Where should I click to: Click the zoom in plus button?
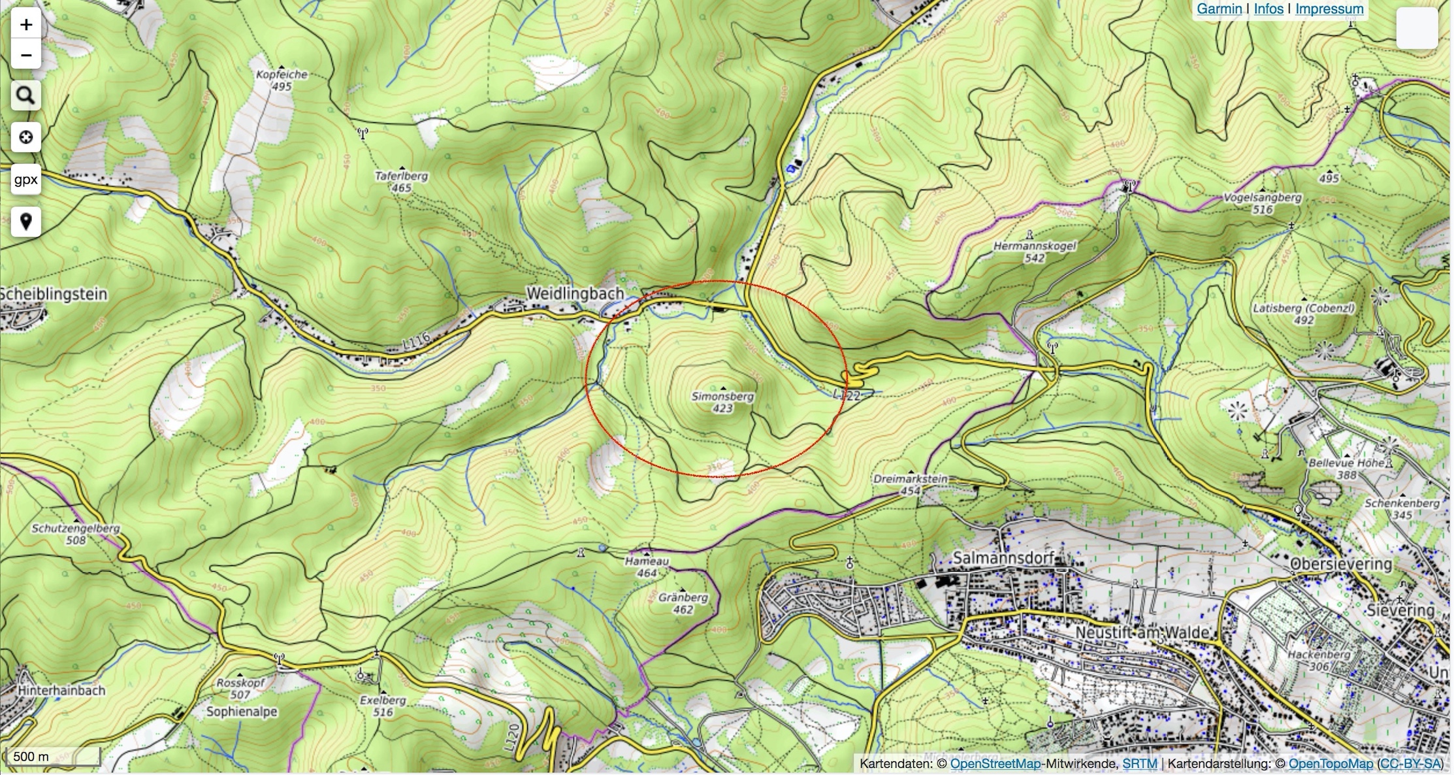[x=26, y=25]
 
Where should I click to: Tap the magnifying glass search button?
[x=26, y=95]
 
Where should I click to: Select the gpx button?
[x=26, y=180]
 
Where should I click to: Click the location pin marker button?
[x=26, y=222]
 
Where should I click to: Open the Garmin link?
[x=1219, y=9]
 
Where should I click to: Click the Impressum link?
[x=1329, y=9]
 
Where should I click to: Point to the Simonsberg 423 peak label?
[x=722, y=402]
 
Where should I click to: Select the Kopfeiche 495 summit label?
[x=282, y=80]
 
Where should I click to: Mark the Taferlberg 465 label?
[x=401, y=182]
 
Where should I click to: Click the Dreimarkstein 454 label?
[x=910, y=484]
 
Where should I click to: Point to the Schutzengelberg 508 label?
[x=76, y=534]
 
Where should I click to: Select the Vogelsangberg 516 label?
[x=1263, y=203]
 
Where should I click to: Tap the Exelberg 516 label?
[x=383, y=706]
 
